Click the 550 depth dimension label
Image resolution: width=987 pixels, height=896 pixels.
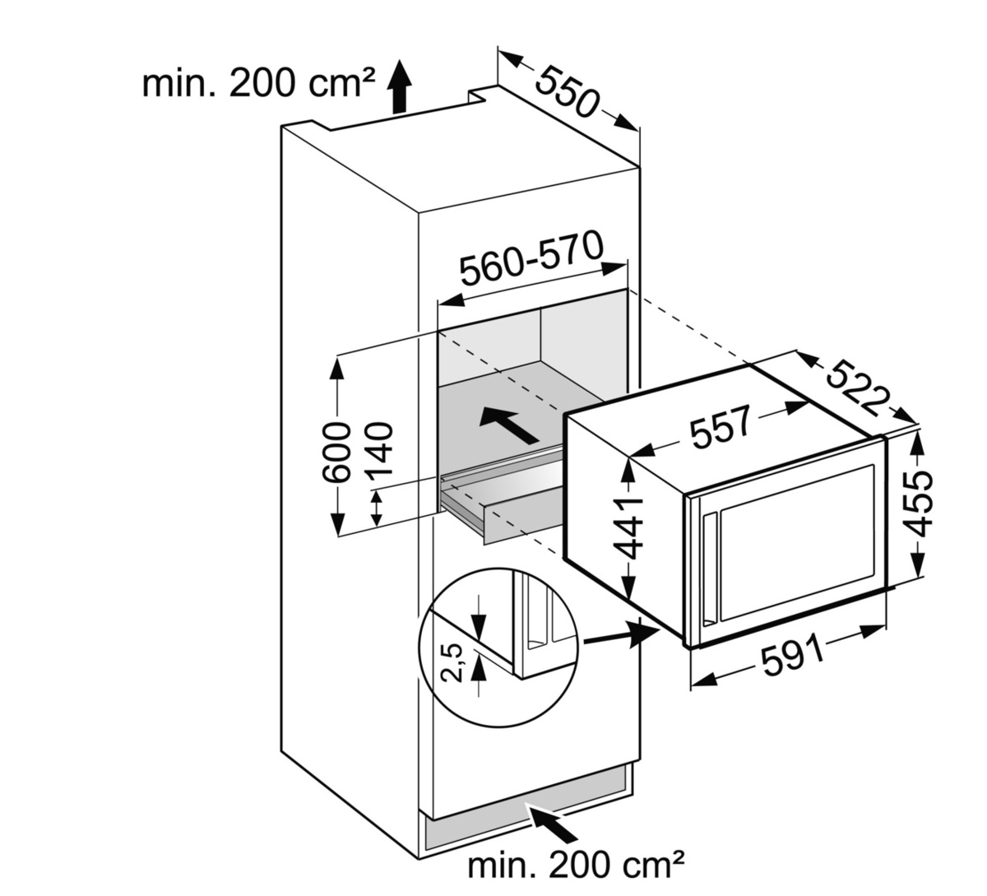[568, 89]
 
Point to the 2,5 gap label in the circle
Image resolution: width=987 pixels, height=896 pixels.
[453, 663]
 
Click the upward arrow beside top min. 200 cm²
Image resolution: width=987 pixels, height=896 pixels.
[399, 86]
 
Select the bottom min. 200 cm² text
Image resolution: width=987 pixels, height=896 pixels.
[576, 865]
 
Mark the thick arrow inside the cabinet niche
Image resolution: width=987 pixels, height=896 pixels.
[509, 423]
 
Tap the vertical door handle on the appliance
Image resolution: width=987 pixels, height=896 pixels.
[709, 568]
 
